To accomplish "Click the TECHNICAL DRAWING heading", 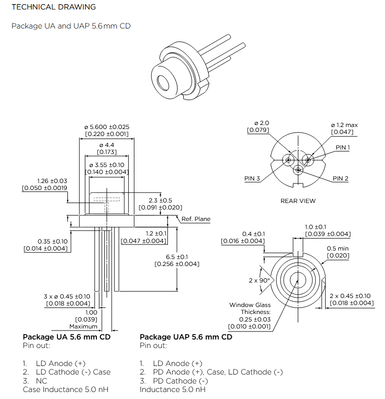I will pyautogui.click(x=53, y=7).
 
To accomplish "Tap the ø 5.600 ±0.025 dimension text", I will pyautogui.click(x=107, y=127).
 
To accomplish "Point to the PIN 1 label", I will pyautogui.click(x=343, y=148).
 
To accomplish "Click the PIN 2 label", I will pyautogui.click(x=341, y=178).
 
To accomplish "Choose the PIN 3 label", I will pyautogui.click(x=252, y=178).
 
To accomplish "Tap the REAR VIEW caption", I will pyautogui.click(x=298, y=201).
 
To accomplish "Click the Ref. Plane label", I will pyautogui.click(x=196, y=219).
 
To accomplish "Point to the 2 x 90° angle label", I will pyautogui.click(x=259, y=280).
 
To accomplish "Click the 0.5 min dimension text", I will pyautogui.click(x=339, y=249).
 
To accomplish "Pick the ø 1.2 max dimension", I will pyautogui.click(x=344, y=124).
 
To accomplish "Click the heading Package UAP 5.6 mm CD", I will pyautogui.click(x=186, y=337).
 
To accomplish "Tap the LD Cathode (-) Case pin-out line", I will pyautogui.click(x=73, y=372).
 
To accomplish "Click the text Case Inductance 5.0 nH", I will pyautogui.click(x=65, y=389).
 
